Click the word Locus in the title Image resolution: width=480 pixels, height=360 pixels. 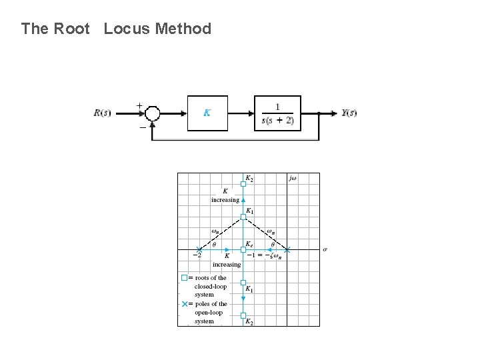[x=129, y=29]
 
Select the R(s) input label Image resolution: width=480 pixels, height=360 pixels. [x=102, y=113]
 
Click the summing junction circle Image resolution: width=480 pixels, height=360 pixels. [x=153, y=113]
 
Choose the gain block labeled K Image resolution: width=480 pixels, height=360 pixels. [x=207, y=113]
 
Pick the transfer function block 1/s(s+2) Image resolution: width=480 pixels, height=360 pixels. [x=277, y=113]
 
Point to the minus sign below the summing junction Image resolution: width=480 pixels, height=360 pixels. [x=142, y=127]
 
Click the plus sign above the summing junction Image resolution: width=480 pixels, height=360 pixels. [x=139, y=105]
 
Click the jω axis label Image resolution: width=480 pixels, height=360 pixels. [x=293, y=179]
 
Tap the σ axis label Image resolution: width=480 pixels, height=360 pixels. [x=325, y=249]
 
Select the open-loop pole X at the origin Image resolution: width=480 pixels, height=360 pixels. [x=287, y=250]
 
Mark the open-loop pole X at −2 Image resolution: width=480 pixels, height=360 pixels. [x=199, y=250]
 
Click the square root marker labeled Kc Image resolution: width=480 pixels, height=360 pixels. [x=243, y=250]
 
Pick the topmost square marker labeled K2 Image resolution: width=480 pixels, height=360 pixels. [x=243, y=183]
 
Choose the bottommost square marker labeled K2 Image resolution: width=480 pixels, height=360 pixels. [x=243, y=315]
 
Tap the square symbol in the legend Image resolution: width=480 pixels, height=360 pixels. [x=185, y=277]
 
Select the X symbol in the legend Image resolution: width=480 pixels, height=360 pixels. [x=185, y=303]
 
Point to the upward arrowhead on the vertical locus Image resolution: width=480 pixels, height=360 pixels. [x=243, y=199]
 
